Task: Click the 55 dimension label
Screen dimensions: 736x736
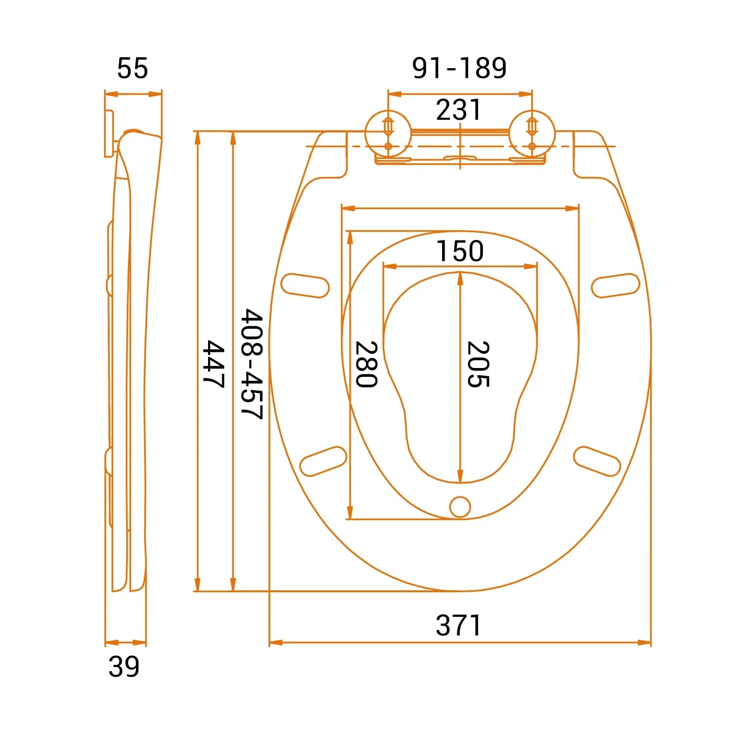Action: [x=132, y=68]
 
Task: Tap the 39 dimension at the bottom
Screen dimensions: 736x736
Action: [x=124, y=667]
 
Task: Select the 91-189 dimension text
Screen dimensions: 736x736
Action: [x=459, y=68]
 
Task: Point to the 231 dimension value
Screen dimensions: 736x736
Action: [x=459, y=110]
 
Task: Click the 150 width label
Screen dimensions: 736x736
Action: [x=460, y=251]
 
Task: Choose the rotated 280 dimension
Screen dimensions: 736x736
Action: [x=366, y=364]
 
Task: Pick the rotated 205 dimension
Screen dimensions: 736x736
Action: [x=478, y=364]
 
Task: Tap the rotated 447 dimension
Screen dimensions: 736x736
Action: [x=213, y=364]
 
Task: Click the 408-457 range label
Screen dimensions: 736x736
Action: [x=252, y=364]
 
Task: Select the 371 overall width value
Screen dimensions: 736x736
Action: [x=459, y=626]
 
